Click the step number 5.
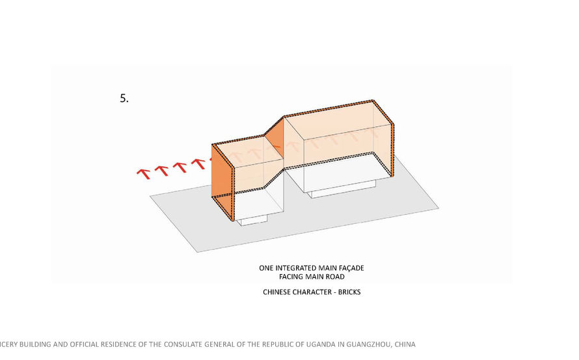click(124, 98)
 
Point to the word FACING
click(290, 277)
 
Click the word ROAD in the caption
click(336, 277)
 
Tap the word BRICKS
click(349, 292)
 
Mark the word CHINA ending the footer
click(405, 344)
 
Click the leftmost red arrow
click(143, 174)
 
